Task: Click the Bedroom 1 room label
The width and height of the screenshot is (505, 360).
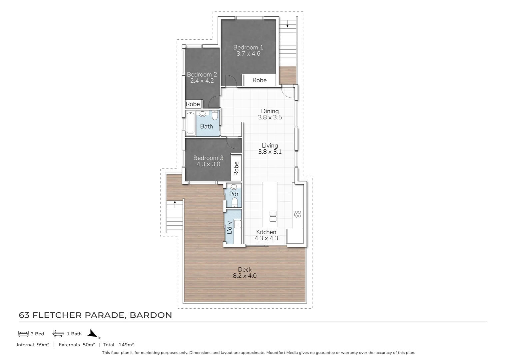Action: pyautogui.click(x=248, y=47)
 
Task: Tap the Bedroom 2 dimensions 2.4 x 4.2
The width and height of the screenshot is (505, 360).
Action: pyautogui.click(x=202, y=81)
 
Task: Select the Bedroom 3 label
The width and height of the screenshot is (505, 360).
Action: pyautogui.click(x=208, y=158)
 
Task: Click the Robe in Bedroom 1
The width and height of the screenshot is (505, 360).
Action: pyautogui.click(x=259, y=80)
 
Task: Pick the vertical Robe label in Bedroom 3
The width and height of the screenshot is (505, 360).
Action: pyautogui.click(x=236, y=169)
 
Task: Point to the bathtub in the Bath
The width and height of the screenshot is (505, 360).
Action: pyautogui.click(x=191, y=123)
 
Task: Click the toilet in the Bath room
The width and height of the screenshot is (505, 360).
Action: pyautogui.click(x=215, y=115)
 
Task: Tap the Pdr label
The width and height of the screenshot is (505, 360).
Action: pyautogui.click(x=234, y=194)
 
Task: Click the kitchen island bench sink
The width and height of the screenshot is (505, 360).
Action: pyautogui.click(x=273, y=216)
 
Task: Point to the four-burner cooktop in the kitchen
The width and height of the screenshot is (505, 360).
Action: pyautogui.click(x=297, y=214)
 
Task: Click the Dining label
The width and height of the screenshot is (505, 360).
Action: pyautogui.click(x=269, y=111)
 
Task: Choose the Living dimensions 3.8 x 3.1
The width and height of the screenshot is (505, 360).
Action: pyautogui.click(x=269, y=152)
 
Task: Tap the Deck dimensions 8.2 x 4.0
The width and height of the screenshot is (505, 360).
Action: pyautogui.click(x=245, y=276)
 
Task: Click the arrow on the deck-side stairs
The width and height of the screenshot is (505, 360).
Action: pyautogui.click(x=175, y=202)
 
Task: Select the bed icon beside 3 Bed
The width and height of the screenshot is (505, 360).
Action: pyautogui.click(x=23, y=333)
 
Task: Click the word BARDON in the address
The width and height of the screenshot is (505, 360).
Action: pyautogui.click(x=151, y=315)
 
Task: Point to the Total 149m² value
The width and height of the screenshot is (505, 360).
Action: pyautogui.click(x=126, y=345)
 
